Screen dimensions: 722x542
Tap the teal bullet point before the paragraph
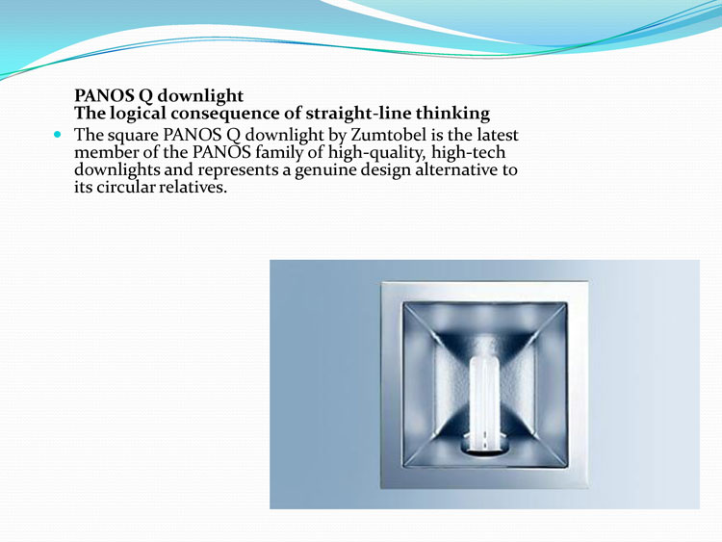click(57, 135)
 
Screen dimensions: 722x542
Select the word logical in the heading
click(138, 114)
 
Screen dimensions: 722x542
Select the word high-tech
click(468, 152)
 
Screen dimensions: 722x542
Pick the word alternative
click(456, 169)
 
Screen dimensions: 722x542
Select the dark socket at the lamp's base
click(484, 449)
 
